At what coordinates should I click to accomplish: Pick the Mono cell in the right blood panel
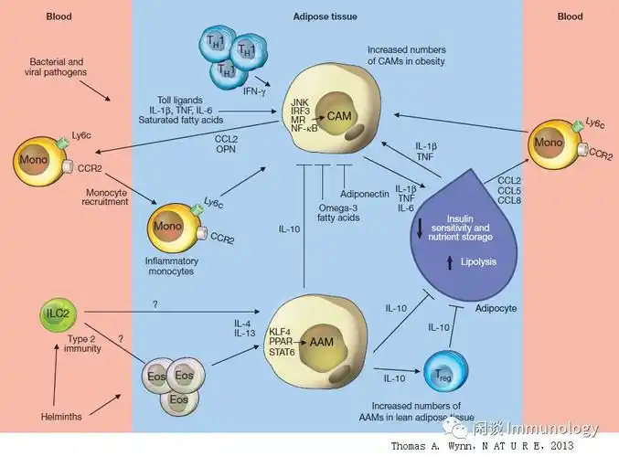[551, 143]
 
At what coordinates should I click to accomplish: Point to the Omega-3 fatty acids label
[326, 213]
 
